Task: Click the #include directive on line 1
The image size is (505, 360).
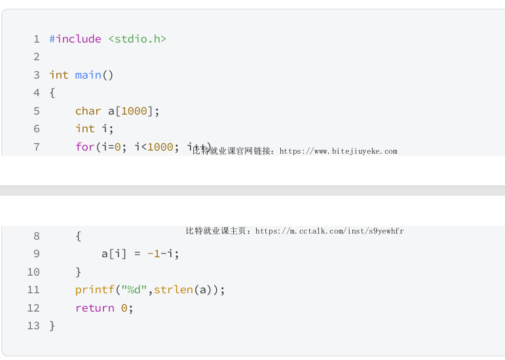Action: pyautogui.click(x=75, y=39)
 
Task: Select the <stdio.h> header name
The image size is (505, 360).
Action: pyautogui.click(x=137, y=39)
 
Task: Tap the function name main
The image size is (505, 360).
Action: pyautogui.click(x=88, y=75)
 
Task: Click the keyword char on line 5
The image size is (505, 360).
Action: pyautogui.click(x=88, y=111)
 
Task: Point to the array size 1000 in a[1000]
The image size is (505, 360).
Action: pyautogui.click(x=134, y=111)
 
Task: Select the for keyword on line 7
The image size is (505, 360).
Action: pyautogui.click(x=84, y=147)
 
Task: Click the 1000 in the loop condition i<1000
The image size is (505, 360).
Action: pyautogui.click(x=160, y=147)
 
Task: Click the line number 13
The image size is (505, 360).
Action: pyautogui.click(x=33, y=325)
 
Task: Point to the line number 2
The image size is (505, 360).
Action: pyautogui.click(x=37, y=57)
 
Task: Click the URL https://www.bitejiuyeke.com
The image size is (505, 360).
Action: pyautogui.click(x=338, y=151)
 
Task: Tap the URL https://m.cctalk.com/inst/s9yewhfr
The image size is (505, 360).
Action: pyautogui.click(x=329, y=231)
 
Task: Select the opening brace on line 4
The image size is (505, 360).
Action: pyautogui.click(x=52, y=93)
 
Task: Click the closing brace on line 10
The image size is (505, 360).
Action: pyautogui.click(x=79, y=272)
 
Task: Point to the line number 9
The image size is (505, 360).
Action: pyautogui.click(x=37, y=254)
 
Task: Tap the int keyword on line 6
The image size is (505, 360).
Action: pyautogui.click(x=84, y=129)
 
